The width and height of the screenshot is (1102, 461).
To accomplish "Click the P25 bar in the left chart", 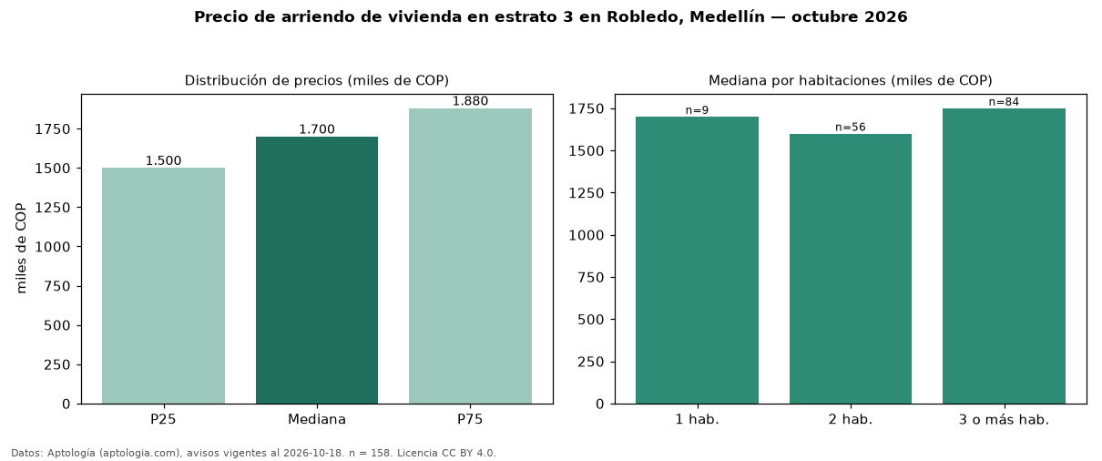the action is pos(163,286).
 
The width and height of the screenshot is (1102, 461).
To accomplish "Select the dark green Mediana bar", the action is pos(317,270).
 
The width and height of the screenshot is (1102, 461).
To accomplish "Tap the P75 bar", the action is pos(470,256).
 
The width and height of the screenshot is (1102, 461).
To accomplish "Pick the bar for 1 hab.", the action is pos(697,261).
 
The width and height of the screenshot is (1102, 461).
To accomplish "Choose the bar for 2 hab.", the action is pos(851,269).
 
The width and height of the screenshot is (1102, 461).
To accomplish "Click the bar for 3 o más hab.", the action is pos(1005,256).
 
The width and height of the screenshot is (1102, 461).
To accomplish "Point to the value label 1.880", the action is pos(470,101).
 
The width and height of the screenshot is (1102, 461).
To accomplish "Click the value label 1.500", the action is pos(163,160).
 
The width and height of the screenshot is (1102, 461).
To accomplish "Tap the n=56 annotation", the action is pos(851,127).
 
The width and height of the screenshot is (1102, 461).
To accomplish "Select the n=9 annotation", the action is pos(697,110).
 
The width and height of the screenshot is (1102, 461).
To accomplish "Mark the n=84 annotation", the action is pos(1005,102).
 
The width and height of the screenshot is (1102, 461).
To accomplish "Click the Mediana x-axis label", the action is pos(317,419).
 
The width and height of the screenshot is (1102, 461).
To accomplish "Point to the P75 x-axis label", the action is pos(470,419).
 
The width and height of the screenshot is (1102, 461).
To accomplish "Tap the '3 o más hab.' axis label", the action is pos(1005,420).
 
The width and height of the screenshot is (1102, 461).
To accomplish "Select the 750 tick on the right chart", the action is pos(591,278).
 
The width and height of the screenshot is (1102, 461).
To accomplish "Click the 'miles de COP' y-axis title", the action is pos(21,249).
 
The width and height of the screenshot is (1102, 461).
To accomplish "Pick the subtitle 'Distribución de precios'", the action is pos(264,80).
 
